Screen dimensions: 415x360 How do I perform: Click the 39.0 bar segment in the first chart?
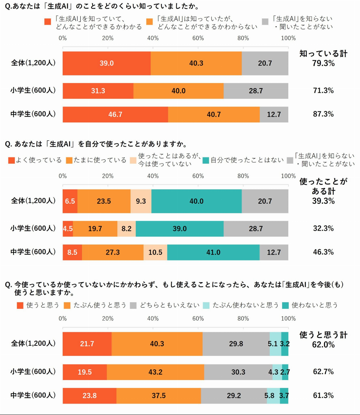[x=107, y=63]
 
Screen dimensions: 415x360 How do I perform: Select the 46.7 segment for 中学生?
[x=115, y=114]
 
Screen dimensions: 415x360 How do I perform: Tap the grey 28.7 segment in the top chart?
[x=256, y=91]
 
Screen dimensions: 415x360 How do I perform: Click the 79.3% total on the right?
[x=323, y=63]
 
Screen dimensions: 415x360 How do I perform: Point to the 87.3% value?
[x=323, y=114]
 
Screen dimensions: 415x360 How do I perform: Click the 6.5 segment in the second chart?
[x=70, y=201]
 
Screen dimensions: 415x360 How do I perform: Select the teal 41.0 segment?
[x=213, y=252]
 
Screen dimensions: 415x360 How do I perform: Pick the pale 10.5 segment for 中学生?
[x=155, y=252]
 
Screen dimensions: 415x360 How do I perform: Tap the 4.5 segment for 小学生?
[x=67, y=229]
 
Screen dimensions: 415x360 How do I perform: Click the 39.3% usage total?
[x=323, y=201]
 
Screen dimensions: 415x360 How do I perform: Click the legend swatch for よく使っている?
[x=11, y=160]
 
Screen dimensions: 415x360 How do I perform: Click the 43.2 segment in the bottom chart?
[x=155, y=372]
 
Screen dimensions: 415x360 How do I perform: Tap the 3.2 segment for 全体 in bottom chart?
[x=285, y=344]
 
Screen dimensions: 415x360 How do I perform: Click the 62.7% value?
[x=323, y=372]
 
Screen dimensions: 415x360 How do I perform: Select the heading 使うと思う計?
[x=323, y=335]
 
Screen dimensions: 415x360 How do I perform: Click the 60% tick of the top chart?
[x=198, y=38]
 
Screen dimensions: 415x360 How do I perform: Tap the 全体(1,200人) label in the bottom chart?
[x=33, y=343]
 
